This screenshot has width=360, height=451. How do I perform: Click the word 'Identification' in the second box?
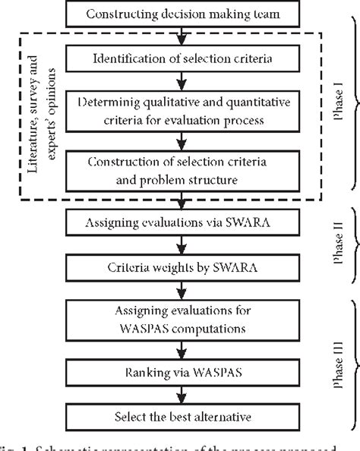tap(127, 59)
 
